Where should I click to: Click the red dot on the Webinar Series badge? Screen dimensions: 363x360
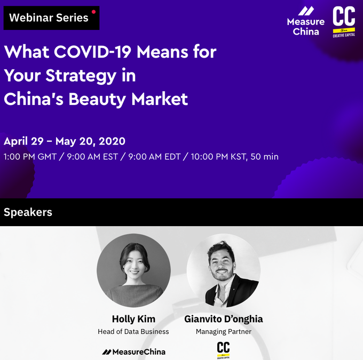tap(93, 12)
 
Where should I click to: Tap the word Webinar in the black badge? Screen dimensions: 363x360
tap(31, 18)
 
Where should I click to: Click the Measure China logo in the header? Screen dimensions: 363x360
tap(305, 21)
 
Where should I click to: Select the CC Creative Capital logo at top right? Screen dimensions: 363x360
tap(344, 22)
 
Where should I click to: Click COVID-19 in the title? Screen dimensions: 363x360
tap(92, 51)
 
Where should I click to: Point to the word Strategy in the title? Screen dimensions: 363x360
tap(81, 76)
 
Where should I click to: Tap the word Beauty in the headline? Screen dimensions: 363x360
tap(97, 100)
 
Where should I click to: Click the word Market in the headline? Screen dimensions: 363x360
tap(160, 99)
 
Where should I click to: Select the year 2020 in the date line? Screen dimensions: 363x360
tap(112, 141)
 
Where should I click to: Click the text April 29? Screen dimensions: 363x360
tap(23, 141)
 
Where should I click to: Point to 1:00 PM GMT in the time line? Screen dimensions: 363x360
tap(30, 157)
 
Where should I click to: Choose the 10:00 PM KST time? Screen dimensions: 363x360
tap(218, 157)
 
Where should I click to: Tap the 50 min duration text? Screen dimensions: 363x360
tap(264, 157)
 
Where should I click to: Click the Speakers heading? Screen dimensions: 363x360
tap(28, 212)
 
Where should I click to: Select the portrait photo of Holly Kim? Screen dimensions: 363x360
tap(133, 270)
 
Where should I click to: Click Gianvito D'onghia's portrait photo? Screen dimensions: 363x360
tap(224, 270)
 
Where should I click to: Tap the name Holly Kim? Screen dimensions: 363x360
tap(133, 319)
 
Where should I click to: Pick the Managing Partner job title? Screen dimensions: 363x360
tap(224, 332)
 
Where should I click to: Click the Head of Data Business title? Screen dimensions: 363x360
tap(133, 332)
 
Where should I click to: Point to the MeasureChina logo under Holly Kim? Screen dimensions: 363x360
tap(133, 352)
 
